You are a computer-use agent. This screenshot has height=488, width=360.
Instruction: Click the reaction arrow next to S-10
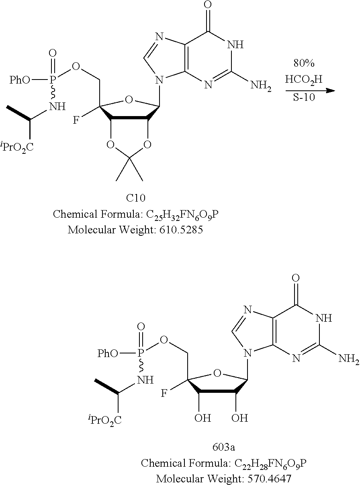pyautogui.click(x=310, y=90)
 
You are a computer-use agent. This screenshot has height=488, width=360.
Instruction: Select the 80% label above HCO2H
pyautogui.click(x=304, y=63)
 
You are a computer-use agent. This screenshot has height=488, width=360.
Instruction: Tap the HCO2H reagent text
pyautogui.click(x=304, y=80)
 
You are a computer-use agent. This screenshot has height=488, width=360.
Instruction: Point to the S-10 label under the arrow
pyautogui.click(x=304, y=97)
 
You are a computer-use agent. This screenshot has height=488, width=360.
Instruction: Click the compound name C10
pyautogui.click(x=135, y=198)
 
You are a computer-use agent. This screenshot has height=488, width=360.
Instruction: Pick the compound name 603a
pyautogui.click(x=223, y=447)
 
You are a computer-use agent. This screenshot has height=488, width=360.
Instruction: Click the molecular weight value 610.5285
pyautogui.click(x=181, y=230)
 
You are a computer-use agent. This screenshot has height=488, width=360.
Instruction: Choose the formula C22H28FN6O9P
pyautogui.click(x=270, y=464)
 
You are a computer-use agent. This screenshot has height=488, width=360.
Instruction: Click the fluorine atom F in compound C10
pyautogui.click(x=76, y=120)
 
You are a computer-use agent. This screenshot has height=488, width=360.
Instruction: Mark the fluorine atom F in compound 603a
pyautogui.click(x=164, y=394)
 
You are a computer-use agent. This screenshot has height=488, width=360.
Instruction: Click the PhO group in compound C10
pyautogui.click(x=20, y=80)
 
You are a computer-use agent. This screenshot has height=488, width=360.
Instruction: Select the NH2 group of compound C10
pyautogui.click(x=261, y=85)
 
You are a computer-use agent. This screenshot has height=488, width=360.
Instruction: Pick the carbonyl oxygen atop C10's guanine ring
pyautogui.click(x=209, y=5)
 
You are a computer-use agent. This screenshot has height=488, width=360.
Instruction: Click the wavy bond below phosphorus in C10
pyautogui.click(x=53, y=92)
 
